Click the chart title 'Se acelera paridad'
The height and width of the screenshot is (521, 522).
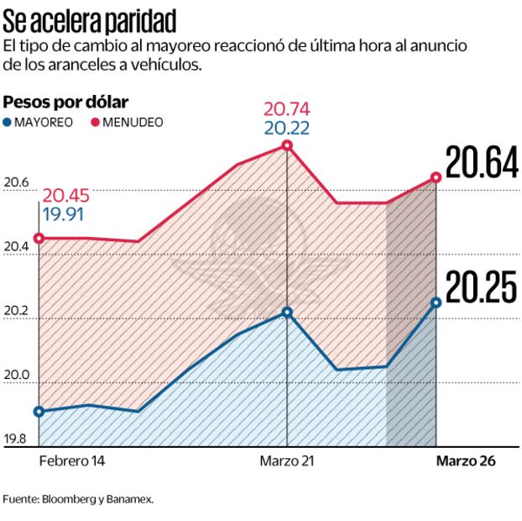[x=93, y=18]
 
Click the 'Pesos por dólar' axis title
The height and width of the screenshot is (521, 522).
[x=65, y=103]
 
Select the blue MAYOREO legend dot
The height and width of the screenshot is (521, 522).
[x=8, y=123]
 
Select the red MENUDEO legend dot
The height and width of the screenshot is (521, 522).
[x=97, y=123]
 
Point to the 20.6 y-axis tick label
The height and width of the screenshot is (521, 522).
[x=17, y=182]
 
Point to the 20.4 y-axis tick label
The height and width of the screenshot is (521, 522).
[x=17, y=246]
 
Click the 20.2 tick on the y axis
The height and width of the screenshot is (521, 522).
[x=17, y=311]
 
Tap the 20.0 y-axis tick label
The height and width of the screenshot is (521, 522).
[x=17, y=375]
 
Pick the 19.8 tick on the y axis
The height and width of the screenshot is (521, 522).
[x=17, y=439]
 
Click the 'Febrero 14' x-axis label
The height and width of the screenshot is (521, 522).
[x=72, y=462]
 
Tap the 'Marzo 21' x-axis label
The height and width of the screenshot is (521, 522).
[x=287, y=462]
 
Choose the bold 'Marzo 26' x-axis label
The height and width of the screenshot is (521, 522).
[x=465, y=462]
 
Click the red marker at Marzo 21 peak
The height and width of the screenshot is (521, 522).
[x=287, y=145]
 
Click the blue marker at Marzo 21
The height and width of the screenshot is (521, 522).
[x=287, y=312]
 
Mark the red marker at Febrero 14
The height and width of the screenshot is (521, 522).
[x=39, y=238]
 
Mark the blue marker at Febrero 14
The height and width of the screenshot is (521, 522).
[x=39, y=411]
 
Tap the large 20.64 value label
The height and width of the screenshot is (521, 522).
[x=480, y=164]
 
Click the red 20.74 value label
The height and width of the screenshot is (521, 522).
[x=287, y=110]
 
